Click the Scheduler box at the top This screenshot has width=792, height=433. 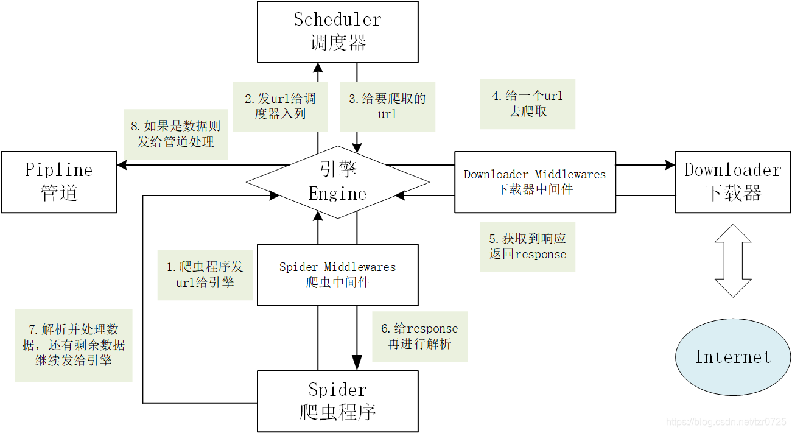click(x=337, y=32)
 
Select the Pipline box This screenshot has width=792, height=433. click(x=58, y=182)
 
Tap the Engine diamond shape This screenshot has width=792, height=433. click(x=337, y=182)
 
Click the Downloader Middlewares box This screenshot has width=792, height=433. click(x=534, y=182)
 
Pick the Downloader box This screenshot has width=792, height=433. click(x=732, y=182)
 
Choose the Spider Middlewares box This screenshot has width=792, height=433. click(x=337, y=275)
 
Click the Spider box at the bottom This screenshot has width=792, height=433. click(x=337, y=401)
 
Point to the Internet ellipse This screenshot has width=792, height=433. click(x=732, y=357)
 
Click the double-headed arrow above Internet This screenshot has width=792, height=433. click(x=733, y=261)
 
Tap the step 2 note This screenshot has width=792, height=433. click(x=280, y=106)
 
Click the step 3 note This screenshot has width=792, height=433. click(x=387, y=106)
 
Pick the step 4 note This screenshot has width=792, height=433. click(x=527, y=104)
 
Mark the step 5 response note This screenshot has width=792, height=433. click(x=527, y=246)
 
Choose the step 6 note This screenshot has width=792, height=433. click(x=419, y=336)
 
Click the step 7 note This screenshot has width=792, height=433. click(x=74, y=345)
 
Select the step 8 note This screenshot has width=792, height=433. click(x=175, y=134)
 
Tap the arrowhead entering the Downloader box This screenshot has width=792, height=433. click(x=670, y=164)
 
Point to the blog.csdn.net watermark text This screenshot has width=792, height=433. click(x=726, y=422)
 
